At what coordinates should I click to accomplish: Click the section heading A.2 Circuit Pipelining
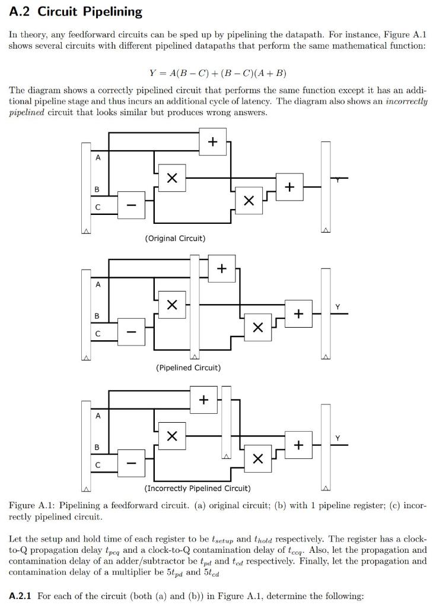pyautogui.click(x=76, y=11)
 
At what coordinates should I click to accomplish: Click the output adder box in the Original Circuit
pyautogui.click(x=289, y=186)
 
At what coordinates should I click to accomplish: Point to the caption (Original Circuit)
pyautogui.click(x=175, y=238)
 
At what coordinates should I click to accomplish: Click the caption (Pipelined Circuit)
pyautogui.click(x=188, y=368)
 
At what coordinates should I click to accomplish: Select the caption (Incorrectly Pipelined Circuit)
pyautogui.click(x=198, y=489)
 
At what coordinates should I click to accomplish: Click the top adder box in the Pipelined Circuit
pyautogui.click(x=222, y=268)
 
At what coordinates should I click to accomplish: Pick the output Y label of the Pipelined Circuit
pyautogui.click(x=338, y=306)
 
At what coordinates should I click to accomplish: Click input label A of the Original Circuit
pyautogui.click(x=98, y=158)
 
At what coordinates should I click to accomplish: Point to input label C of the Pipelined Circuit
pyautogui.click(x=98, y=334)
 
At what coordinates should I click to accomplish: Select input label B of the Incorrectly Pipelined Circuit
pyautogui.click(x=98, y=446)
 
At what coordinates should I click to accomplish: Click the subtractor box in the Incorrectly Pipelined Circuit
pyautogui.click(x=132, y=460)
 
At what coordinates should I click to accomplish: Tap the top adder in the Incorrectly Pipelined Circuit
pyautogui.click(x=203, y=400)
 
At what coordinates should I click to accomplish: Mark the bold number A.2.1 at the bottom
pyautogui.click(x=21, y=596)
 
